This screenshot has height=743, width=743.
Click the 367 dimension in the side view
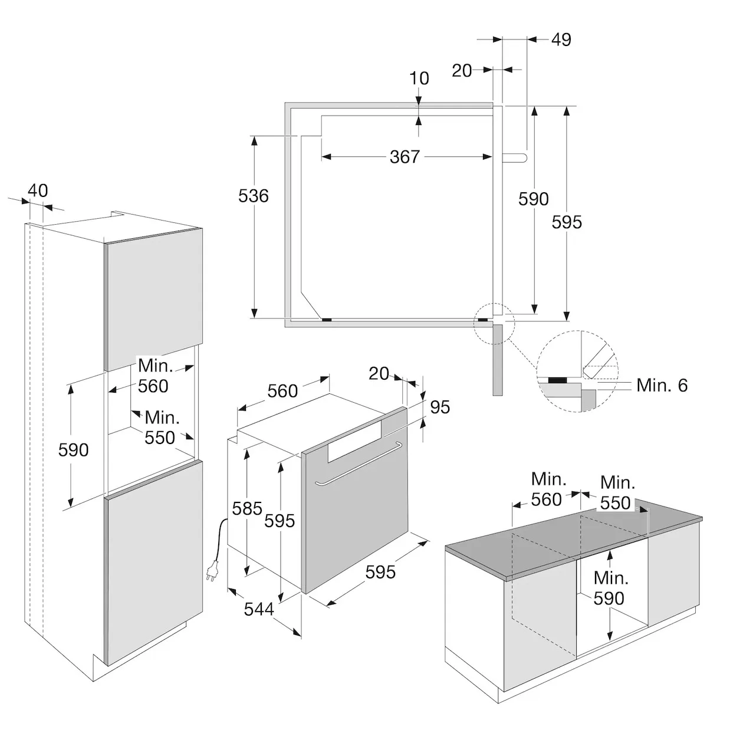[x=405, y=157]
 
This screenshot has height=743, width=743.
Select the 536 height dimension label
[x=254, y=196]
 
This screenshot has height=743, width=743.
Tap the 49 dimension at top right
[x=561, y=40]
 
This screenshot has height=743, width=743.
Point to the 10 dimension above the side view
[x=419, y=78]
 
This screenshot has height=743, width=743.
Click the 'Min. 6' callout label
[x=662, y=386]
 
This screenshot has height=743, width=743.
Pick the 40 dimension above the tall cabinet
[x=38, y=191]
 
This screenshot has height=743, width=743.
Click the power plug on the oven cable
[x=211, y=571]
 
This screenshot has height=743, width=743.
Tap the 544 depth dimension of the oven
[x=259, y=609]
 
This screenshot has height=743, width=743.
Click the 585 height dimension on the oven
[x=246, y=508]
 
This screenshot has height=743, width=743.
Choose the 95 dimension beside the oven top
[x=440, y=407]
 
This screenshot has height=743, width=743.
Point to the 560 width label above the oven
[x=282, y=391]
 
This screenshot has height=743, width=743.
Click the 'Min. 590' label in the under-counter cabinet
[x=610, y=588]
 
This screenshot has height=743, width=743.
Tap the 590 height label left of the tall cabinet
[x=73, y=450]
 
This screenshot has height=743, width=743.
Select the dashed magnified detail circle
[x=577, y=371]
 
